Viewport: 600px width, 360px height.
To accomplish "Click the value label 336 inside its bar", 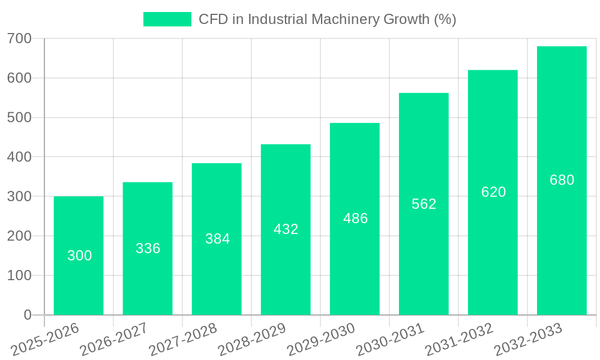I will click(x=148, y=248).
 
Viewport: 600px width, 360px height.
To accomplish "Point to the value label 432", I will click(x=286, y=229).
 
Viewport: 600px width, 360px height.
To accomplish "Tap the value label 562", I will click(x=424, y=204).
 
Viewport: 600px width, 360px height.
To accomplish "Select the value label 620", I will click(x=493, y=192).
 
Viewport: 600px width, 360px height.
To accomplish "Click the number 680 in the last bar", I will click(x=562, y=180).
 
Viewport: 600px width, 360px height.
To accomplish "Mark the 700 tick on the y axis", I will click(x=19, y=39).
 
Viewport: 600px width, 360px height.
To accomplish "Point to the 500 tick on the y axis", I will click(x=19, y=118).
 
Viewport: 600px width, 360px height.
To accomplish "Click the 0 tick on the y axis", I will click(x=28, y=315).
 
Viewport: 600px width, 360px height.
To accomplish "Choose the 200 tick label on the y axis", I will click(x=19, y=236).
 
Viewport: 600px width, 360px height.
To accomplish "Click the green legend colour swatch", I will click(x=167, y=19).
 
